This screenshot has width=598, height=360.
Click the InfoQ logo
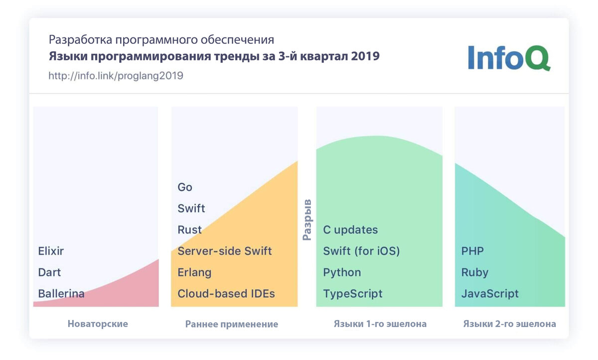pyautogui.click(x=509, y=58)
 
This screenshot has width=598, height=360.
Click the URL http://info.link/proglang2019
pyautogui.click(x=116, y=76)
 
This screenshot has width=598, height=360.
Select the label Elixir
pyautogui.click(x=51, y=251)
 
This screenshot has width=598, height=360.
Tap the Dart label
pyautogui.click(x=49, y=272)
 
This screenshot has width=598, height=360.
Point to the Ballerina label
pyautogui.click(x=61, y=294)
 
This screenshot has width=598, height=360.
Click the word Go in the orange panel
pyautogui.click(x=185, y=187)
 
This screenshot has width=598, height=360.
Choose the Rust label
pyautogui.click(x=189, y=230)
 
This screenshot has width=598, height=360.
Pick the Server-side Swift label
pyautogui.click(x=225, y=251)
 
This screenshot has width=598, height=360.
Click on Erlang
pyautogui.click(x=194, y=272)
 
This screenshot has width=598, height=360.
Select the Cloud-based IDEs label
pyautogui.click(x=226, y=294)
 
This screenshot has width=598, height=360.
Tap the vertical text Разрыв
pyautogui.click(x=307, y=220)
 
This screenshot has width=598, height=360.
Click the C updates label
pyautogui.click(x=350, y=230)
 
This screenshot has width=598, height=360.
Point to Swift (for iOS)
pyautogui.click(x=361, y=251)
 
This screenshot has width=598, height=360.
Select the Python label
pyautogui.click(x=342, y=272)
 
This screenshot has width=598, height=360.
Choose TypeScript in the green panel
pyautogui.click(x=353, y=294)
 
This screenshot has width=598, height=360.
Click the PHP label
pyautogui.click(x=472, y=251)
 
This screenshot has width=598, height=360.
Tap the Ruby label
pyautogui.click(x=474, y=272)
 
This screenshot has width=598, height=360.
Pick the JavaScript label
pyautogui.click(x=490, y=294)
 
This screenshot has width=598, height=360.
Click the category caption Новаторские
pyautogui.click(x=98, y=324)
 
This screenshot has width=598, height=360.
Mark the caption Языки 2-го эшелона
pyautogui.click(x=509, y=324)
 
